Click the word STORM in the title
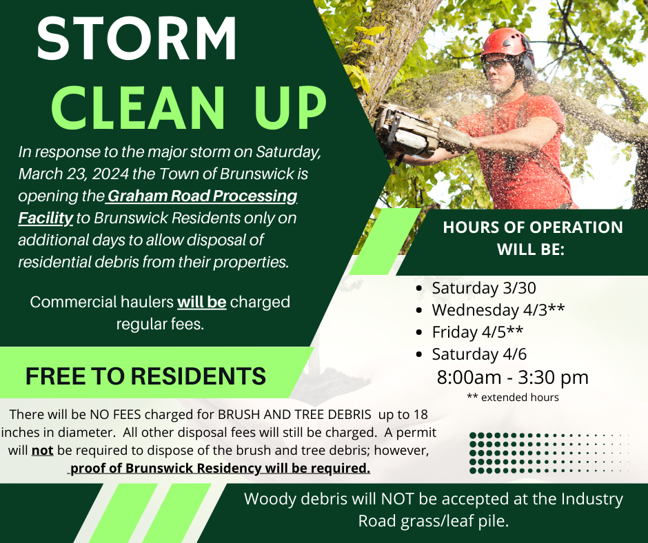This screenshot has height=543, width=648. click(137, 39)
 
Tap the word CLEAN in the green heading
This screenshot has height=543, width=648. click(138, 108)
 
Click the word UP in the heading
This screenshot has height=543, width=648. click(289, 108)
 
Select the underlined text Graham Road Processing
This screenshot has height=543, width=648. click(201, 196)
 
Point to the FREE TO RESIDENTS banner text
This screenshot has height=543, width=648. click(145, 376)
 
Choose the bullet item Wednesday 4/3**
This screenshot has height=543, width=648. click(498, 310)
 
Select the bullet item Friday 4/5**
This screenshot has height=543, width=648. click(477, 332)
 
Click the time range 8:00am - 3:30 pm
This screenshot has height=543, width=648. click(512, 377)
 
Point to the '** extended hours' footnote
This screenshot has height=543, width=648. click(512, 397)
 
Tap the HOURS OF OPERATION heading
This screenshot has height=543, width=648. click(532, 238)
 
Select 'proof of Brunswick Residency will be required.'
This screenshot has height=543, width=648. click(220, 469)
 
